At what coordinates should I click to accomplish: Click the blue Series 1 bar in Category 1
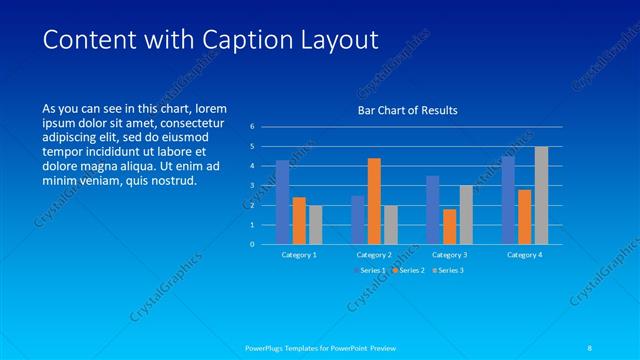coord(283,202)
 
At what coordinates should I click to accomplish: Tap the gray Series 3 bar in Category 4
coord(541,195)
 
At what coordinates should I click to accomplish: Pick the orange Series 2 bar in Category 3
coord(449,226)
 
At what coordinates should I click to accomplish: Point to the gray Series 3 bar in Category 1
coord(315,224)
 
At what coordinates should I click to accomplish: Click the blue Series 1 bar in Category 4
coord(508,200)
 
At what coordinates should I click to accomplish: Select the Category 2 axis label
coord(374,255)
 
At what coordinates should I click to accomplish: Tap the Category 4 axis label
coord(524,255)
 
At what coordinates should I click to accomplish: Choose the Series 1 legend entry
coord(373,270)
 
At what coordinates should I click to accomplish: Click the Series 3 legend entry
coord(449,270)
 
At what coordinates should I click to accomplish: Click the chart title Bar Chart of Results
coord(408,110)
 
